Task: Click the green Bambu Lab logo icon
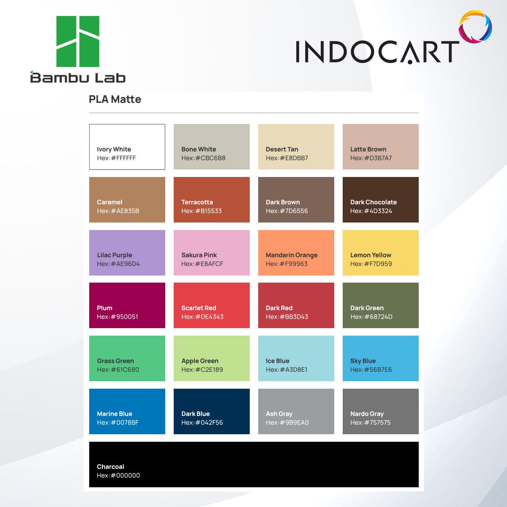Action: pos(77,41)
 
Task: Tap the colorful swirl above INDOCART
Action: pos(475,26)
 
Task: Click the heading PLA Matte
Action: pos(115,99)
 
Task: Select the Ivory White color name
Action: pos(114,149)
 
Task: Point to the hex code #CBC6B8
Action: pos(203,158)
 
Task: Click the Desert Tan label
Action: pos(282,149)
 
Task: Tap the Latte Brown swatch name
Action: pos(369,149)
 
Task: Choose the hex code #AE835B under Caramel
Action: pos(118,211)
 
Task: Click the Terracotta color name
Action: pos(197,202)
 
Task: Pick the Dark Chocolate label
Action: pos(374,202)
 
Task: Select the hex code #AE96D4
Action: pos(118,264)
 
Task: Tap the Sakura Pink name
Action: pos(199,255)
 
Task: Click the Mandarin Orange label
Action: pos(292,255)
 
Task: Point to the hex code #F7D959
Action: pos(371,264)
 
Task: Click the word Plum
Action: pos(104,308)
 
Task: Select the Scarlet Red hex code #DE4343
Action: pos(202,316)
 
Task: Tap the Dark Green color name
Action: pos(367,308)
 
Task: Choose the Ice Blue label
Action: pos(277,361)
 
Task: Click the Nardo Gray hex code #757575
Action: pos(370,422)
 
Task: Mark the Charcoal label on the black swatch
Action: pos(110,467)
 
